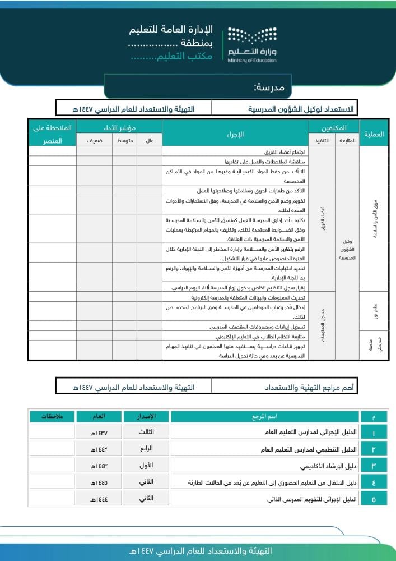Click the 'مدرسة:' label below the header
pyautogui.click(x=269, y=88)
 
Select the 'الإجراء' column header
pyautogui.click(x=235, y=134)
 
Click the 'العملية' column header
pyautogui.click(x=374, y=134)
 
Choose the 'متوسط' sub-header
pyautogui.click(x=125, y=141)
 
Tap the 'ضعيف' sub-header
pyautogui.click(x=94, y=141)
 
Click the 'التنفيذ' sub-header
pyautogui.click(x=322, y=141)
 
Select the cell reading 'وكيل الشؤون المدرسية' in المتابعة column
pyautogui.click(x=347, y=249)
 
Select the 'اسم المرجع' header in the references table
pyautogui.click(x=264, y=417)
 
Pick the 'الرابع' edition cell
pyautogui.click(x=146, y=449)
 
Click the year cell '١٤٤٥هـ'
pyautogui.click(x=99, y=482)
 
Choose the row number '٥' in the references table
pyautogui.click(x=374, y=499)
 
